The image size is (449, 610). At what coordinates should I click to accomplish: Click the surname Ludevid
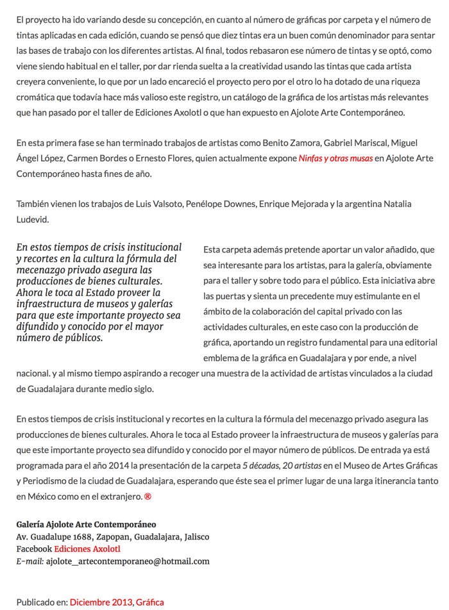point(33,219)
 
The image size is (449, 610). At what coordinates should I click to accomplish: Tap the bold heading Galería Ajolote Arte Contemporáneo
point(86,524)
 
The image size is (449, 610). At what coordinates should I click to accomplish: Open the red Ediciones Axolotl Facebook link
point(87,549)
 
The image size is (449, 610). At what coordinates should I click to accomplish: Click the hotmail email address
point(128,561)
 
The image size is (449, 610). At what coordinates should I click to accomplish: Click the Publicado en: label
point(42,602)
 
